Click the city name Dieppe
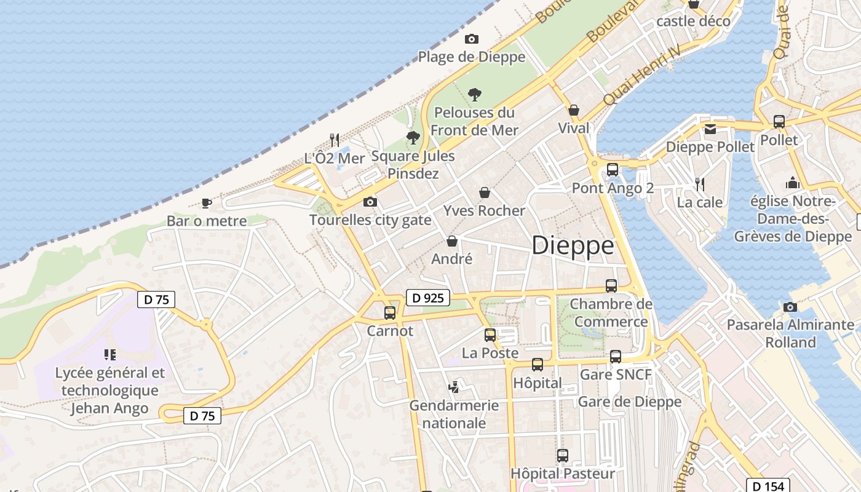point(573,245)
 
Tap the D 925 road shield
point(428,298)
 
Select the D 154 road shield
point(768,486)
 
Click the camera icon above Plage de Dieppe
point(472,39)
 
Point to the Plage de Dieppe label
point(472,57)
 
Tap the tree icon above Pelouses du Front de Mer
point(474,95)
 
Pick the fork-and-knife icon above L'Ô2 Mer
point(335,140)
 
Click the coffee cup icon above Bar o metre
point(207,203)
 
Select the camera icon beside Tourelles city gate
point(370,202)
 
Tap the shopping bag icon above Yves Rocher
point(485,192)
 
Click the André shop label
point(452,259)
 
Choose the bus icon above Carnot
point(390,313)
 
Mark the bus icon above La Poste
point(490,335)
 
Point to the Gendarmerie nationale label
point(454,415)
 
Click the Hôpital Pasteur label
point(563,474)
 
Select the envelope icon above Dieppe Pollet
point(710,129)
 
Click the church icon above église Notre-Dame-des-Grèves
point(793,183)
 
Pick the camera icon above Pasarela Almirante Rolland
point(790,307)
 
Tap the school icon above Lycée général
point(110,354)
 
